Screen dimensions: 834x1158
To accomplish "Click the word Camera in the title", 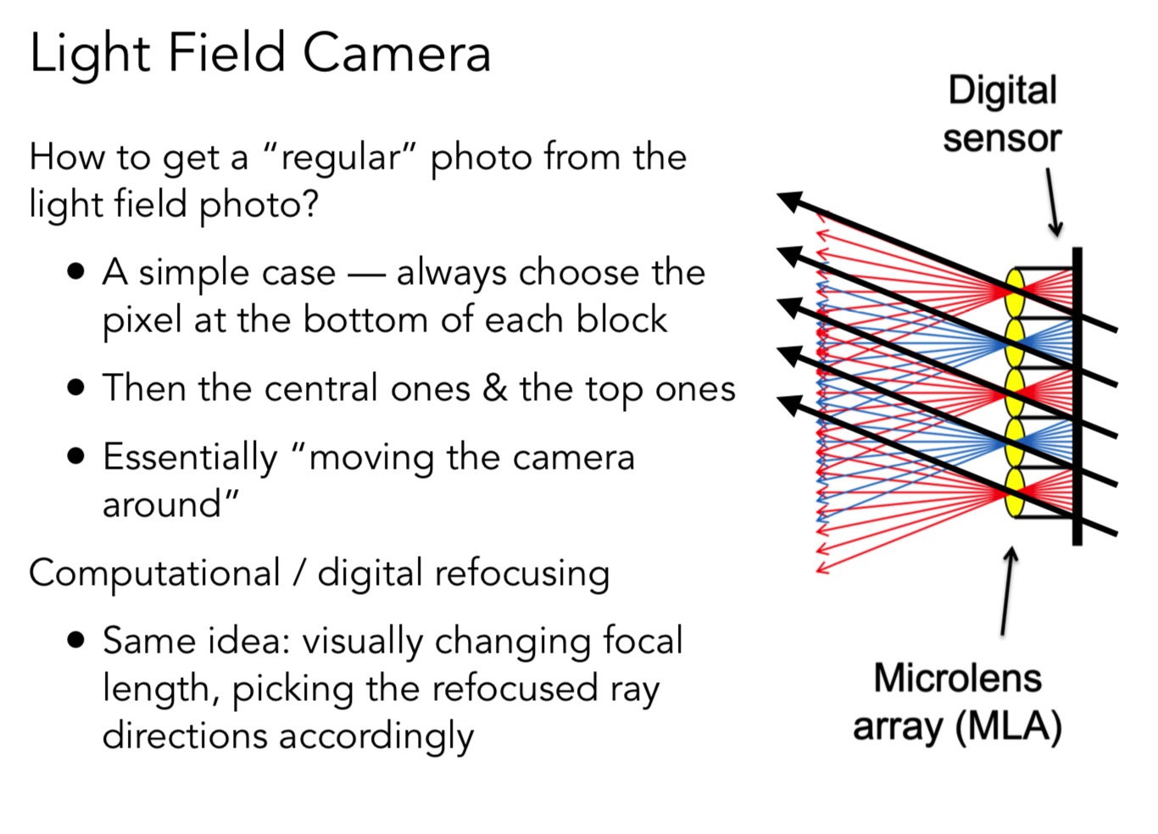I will coord(396,53).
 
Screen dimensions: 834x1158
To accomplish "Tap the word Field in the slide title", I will coord(226,53).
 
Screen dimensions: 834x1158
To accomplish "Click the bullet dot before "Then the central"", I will coord(76,388).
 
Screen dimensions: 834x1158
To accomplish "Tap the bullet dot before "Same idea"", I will coord(76,640).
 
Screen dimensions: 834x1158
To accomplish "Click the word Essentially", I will coord(190,458).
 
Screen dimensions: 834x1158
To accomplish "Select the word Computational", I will coord(154,573).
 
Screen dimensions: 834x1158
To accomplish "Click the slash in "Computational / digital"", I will coord(298,573).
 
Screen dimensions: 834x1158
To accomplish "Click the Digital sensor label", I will coord(1002,114).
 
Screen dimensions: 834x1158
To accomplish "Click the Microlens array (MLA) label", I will coord(957,702).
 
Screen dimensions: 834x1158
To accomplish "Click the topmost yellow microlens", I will coord(1015,292).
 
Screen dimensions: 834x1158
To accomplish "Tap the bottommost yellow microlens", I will coord(1015,492).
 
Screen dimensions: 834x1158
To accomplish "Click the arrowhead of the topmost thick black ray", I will coord(790,202).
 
